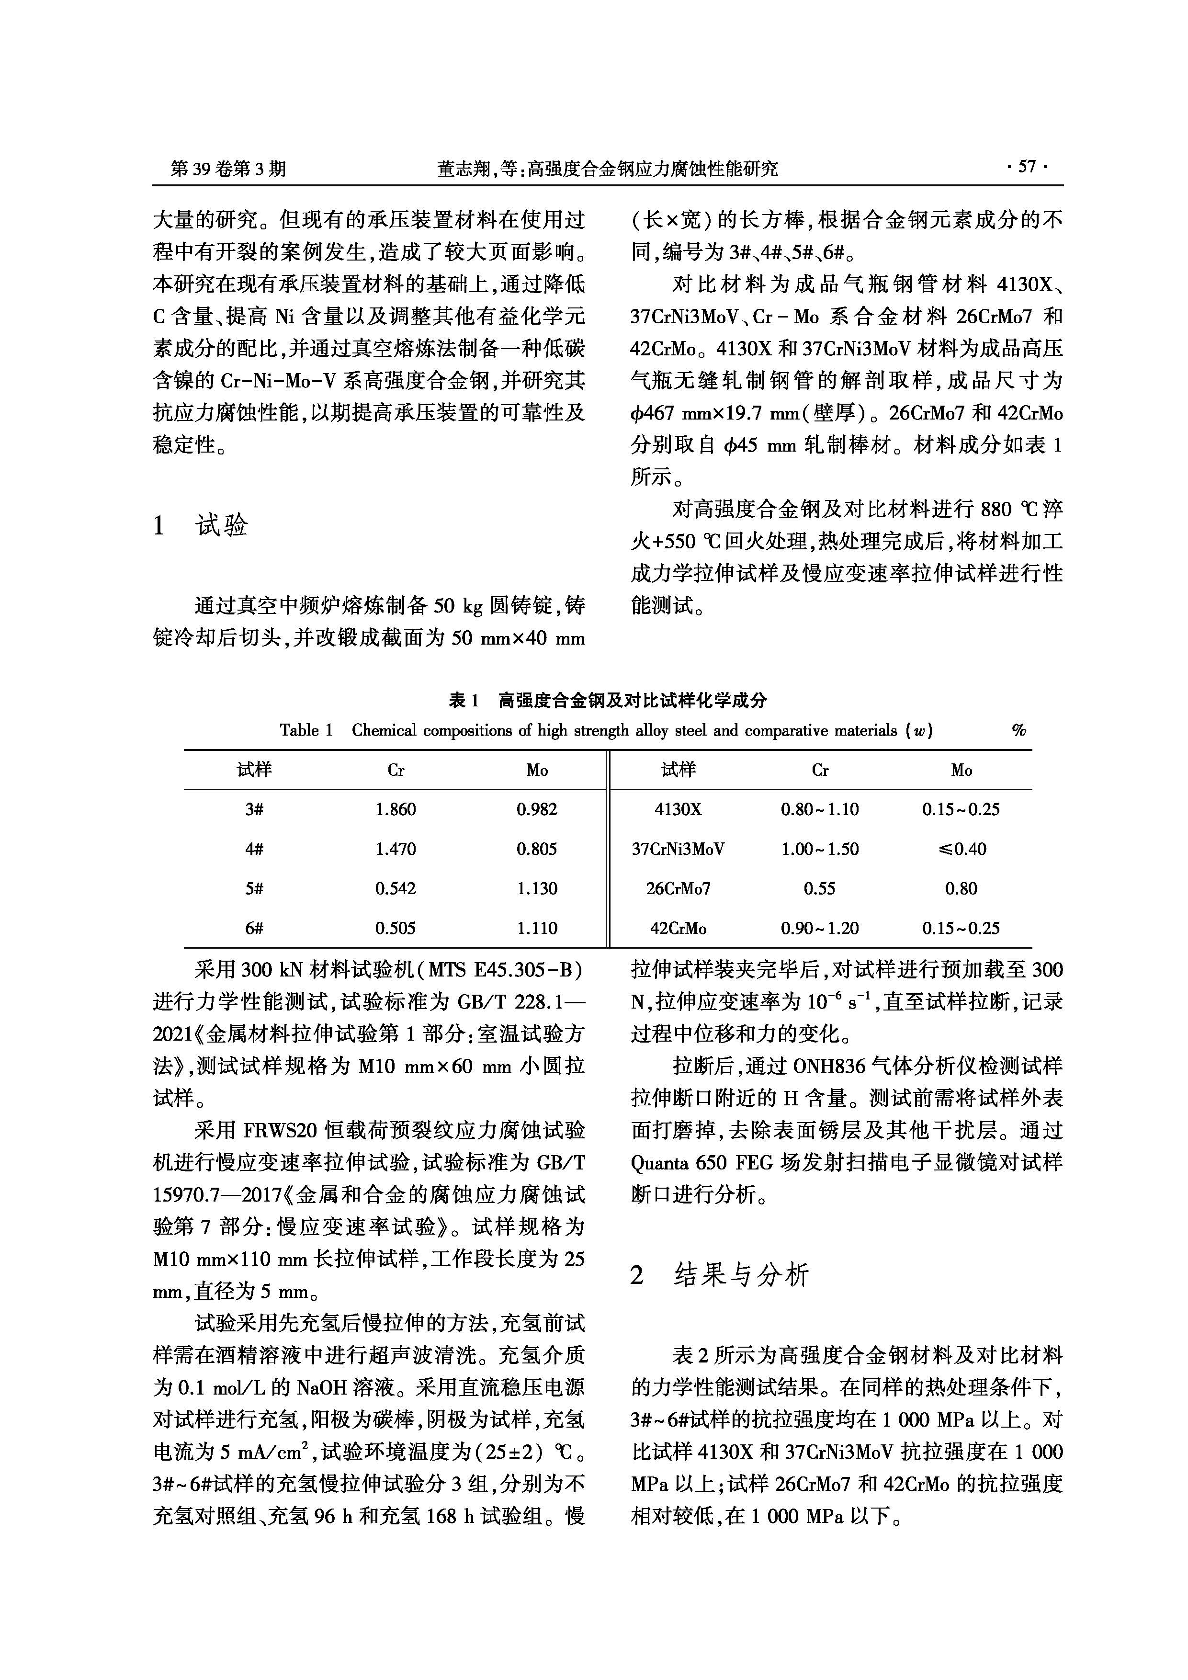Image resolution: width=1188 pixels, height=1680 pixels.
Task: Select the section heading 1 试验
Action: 201,525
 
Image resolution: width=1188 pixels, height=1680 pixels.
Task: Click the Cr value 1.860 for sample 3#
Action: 395,809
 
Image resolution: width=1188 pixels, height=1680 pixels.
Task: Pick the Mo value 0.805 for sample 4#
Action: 536,849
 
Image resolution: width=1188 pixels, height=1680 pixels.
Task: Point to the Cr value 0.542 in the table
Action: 395,888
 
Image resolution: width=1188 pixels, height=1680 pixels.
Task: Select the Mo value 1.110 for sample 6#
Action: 536,928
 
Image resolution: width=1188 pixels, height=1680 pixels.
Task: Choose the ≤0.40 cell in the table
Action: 961,849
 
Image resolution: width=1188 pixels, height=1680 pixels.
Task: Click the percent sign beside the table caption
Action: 1018,730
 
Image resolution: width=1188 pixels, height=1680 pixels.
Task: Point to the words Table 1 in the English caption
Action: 306,730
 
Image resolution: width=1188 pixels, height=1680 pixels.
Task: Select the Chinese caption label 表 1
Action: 463,700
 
